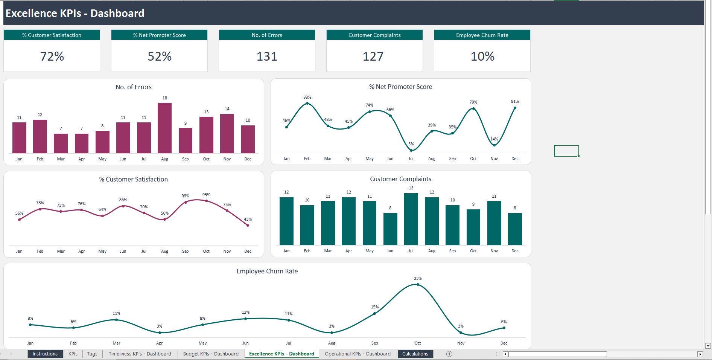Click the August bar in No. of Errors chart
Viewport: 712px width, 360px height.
point(164,128)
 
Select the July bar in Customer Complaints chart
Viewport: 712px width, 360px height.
point(411,219)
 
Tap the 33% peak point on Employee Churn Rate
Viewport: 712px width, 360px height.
point(418,284)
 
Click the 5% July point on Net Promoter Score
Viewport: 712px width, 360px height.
point(411,150)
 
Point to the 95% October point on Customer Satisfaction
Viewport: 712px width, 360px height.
point(206,201)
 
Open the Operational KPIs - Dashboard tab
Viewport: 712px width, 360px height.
point(358,354)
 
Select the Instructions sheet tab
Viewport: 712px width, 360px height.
point(45,354)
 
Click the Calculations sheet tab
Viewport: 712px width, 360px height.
point(415,354)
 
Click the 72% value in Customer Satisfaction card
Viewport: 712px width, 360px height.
point(52,56)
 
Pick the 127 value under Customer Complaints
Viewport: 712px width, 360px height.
point(373,56)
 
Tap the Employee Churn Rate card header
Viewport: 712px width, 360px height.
point(482,35)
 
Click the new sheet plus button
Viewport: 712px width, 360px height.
point(449,354)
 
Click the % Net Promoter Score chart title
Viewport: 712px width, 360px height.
point(400,87)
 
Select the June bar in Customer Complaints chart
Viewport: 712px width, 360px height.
point(390,229)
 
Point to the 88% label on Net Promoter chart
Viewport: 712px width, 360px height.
point(307,97)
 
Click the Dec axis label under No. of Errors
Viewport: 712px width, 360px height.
point(248,159)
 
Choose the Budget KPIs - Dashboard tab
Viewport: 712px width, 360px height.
point(211,354)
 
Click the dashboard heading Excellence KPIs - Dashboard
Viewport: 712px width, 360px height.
point(75,13)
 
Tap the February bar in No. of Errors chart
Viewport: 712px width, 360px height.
point(40,136)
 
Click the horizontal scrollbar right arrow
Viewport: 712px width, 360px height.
point(700,354)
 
